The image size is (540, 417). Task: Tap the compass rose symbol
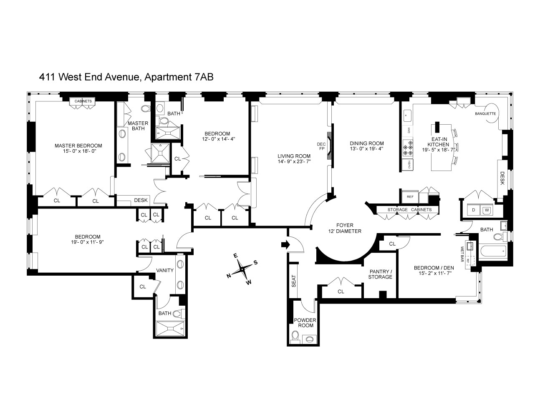[242, 269]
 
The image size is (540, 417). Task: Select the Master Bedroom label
[78, 146]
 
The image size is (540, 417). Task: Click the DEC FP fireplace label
[321, 146]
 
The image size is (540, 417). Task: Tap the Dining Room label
[366, 143]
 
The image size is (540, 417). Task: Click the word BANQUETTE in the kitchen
[485, 113]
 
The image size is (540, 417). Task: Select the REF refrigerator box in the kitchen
[407, 196]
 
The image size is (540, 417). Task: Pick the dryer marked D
[473, 210]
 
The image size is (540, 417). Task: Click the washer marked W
[486, 210]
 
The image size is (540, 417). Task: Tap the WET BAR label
[462, 254]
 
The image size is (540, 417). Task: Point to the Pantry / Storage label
[380, 274]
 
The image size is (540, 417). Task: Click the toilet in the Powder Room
[295, 336]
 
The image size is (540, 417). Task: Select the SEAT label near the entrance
[293, 280]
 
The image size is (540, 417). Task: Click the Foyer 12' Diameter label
[344, 228]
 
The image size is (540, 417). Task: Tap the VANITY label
[165, 270]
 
